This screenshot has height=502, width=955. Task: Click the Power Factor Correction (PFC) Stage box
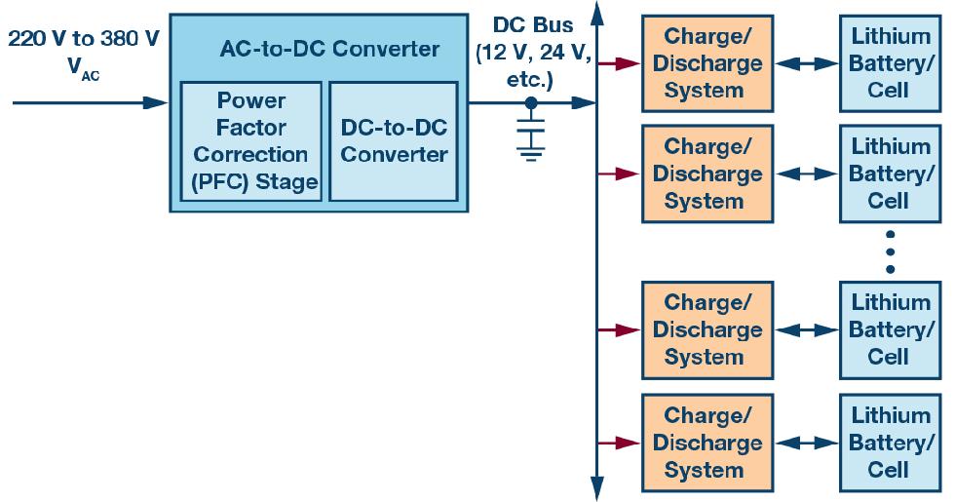(x=250, y=140)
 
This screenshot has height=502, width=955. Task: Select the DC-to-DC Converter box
(x=394, y=140)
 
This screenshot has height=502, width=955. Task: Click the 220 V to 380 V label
(x=84, y=40)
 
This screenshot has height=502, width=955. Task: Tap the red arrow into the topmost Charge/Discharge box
(x=618, y=63)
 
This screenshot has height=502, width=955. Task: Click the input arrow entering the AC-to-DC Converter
(x=88, y=101)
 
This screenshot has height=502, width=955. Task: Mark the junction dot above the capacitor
(x=531, y=101)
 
